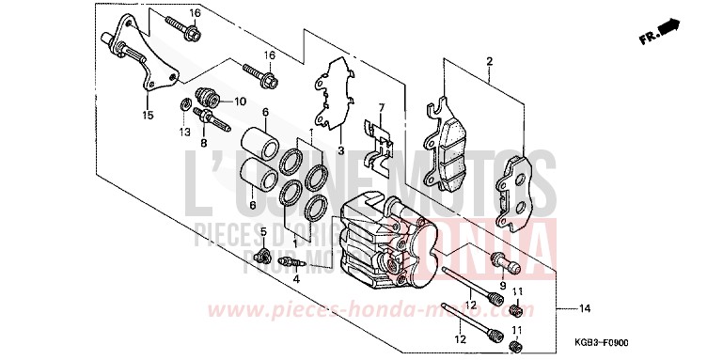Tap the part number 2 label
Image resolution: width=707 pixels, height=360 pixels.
point(489,62)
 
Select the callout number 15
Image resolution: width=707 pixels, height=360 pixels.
point(147,116)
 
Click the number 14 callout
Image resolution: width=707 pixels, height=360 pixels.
point(584,309)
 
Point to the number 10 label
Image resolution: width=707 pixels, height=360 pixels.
point(239,101)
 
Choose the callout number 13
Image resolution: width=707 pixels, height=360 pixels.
point(184,132)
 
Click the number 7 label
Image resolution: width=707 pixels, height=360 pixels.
point(382,108)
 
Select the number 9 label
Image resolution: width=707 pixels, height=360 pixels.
point(503,285)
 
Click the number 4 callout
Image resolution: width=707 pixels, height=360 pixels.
point(295,279)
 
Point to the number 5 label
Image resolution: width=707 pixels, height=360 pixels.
point(264,232)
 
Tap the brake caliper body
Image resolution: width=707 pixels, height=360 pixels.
point(385,240)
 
